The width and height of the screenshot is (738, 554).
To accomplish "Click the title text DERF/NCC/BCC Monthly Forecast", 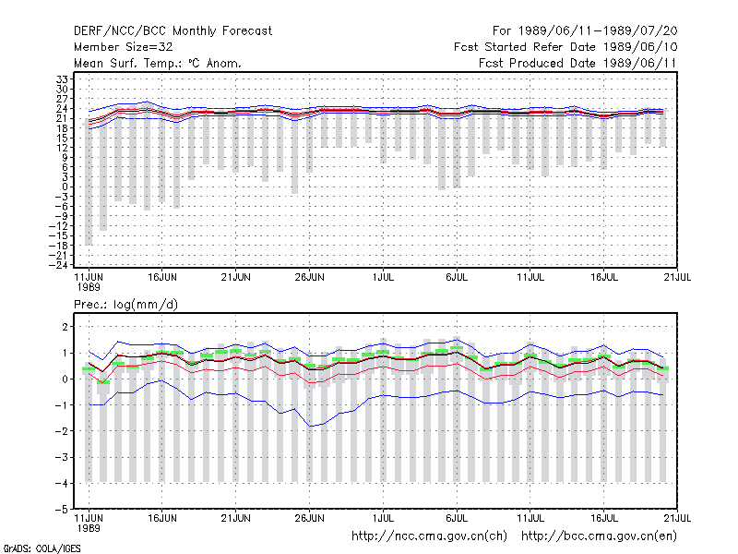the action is [173, 31].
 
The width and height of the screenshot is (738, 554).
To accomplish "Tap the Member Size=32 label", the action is [124, 47].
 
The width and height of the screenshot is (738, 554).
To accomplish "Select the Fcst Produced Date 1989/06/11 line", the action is [577, 63].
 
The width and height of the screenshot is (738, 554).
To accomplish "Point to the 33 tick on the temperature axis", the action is [63, 79].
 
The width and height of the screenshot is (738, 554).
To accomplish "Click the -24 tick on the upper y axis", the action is [59, 265].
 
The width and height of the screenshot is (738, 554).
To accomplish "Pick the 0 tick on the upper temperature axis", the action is [65, 187].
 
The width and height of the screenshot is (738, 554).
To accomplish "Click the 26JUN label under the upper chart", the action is [310, 277].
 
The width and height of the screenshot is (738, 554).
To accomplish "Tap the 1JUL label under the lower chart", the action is [383, 518].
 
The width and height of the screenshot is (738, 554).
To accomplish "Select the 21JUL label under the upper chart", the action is [677, 277].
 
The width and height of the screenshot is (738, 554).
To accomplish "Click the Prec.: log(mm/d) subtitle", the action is [125, 305].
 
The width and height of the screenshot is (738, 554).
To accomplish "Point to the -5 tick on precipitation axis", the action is [62, 510].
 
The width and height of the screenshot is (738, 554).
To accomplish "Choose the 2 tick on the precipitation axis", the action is [65, 327].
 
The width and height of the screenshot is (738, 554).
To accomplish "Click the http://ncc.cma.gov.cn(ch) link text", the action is [429, 536].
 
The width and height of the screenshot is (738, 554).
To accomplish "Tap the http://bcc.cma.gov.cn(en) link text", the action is [599, 536].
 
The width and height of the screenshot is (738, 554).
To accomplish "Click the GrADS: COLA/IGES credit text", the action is [42, 548].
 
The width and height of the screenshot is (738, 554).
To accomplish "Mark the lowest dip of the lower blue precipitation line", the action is [310, 427].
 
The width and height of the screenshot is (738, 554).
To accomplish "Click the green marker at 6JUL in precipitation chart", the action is [457, 348].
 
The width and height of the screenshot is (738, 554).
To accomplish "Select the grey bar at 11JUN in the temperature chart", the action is [89, 184].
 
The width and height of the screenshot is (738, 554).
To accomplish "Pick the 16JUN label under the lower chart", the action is [162, 518].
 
